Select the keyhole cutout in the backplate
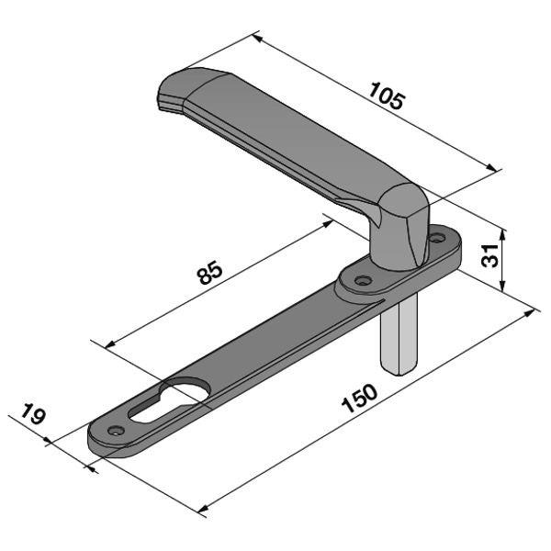169,401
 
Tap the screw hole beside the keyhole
115,430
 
